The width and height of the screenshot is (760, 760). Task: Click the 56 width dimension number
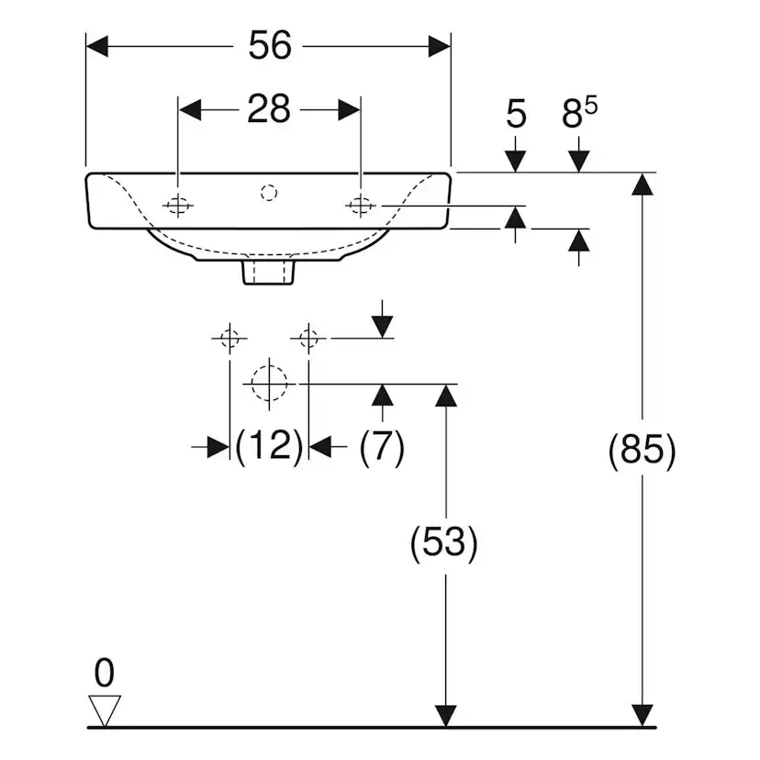tap(270, 46)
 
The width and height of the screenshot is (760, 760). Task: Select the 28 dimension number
tap(269, 109)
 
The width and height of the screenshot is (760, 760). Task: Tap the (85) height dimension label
tap(642, 450)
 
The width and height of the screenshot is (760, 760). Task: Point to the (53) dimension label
tap(444, 542)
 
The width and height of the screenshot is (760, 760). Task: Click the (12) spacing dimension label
tap(269, 445)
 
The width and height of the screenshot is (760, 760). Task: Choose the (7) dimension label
tap(382, 446)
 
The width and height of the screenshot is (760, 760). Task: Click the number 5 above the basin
tap(516, 115)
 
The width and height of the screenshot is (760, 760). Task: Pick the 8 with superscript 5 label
tap(580, 113)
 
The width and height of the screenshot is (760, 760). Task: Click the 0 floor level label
tap(105, 673)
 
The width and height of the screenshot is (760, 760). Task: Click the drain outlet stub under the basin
tap(268, 272)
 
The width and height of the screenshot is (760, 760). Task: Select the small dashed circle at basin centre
tap(269, 193)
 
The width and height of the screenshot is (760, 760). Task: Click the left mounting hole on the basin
tap(177, 206)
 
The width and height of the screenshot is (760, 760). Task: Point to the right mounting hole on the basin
tap(361, 206)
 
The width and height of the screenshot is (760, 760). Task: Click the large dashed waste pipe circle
tap(269, 384)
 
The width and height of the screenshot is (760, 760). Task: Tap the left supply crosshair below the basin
tap(229, 338)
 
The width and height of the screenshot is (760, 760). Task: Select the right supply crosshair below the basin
tap(308, 338)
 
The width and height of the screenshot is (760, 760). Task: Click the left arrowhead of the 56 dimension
tap(97, 46)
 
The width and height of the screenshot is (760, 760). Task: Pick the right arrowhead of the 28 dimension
tap(349, 110)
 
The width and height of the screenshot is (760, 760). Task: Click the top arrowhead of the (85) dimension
tap(643, 184)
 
